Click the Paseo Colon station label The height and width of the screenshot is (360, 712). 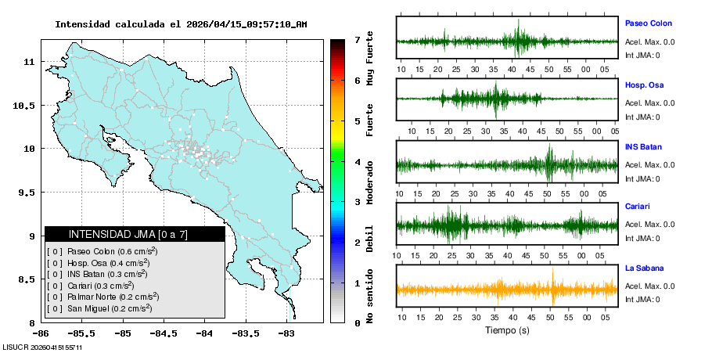[x=648, y=23]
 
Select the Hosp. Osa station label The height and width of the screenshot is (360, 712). [x=645, y=85]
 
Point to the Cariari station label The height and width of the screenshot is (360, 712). [x=638, y=207]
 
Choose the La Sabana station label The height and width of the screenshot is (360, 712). [x=644, y=268]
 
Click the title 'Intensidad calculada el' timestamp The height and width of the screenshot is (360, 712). [x=181, y=24]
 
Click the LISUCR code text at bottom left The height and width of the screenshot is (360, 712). [x=42, y=347]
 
